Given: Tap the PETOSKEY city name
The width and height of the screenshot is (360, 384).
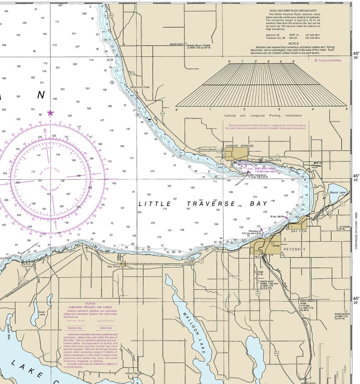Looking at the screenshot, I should [x=295, y=249].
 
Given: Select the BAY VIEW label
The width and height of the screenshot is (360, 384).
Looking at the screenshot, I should [x=299, y=231].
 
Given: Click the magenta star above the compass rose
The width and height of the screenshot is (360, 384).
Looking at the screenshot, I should [x=50, y=113].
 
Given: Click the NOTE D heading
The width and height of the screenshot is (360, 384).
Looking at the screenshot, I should [x=294, y=43].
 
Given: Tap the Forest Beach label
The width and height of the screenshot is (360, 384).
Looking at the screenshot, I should [x=209, y=149].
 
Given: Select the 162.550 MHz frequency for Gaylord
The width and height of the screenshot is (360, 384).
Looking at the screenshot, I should [x=312, y=34].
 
